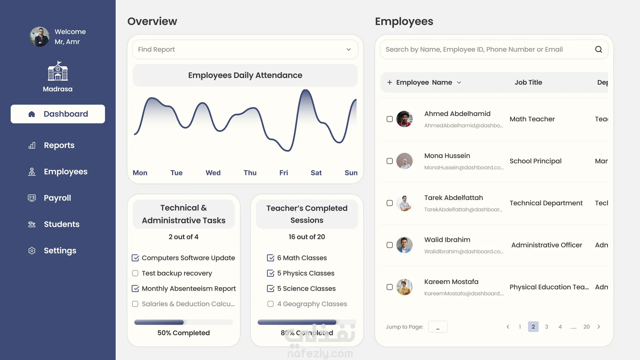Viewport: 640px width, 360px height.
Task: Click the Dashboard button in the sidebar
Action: coord(58,114)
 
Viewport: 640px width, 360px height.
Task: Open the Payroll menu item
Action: coord(57,198)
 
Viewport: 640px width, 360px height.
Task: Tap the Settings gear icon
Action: coord(32,251)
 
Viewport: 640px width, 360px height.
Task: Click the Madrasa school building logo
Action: coord(58,71)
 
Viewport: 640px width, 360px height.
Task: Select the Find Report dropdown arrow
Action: coord(349,49)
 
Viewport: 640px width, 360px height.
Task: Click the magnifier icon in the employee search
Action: coord(599,49)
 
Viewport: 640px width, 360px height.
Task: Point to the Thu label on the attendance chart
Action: coord(250,173)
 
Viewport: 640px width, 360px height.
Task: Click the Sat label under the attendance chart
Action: coord(316,173)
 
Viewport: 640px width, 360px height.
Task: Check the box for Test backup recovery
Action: coord(135,273)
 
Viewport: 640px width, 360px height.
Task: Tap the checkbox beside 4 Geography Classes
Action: coord(270,304)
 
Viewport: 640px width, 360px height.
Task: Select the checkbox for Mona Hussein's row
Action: coord(390,161)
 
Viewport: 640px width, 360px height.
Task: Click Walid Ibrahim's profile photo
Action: coord(404,245)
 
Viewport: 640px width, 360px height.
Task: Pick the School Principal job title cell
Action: coord(535,161)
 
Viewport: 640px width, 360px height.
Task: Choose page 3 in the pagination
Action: coord(547,327)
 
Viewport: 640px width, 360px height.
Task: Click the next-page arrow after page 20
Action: coord(599,327)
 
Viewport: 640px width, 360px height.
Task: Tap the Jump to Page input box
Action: coord(438,327)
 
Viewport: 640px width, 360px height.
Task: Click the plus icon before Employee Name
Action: coord(389,82)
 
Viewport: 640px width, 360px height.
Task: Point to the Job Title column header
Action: coord(528,82)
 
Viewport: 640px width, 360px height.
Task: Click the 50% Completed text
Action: coord(184,333)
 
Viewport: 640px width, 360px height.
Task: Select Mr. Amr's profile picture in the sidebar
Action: coord(40,37)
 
